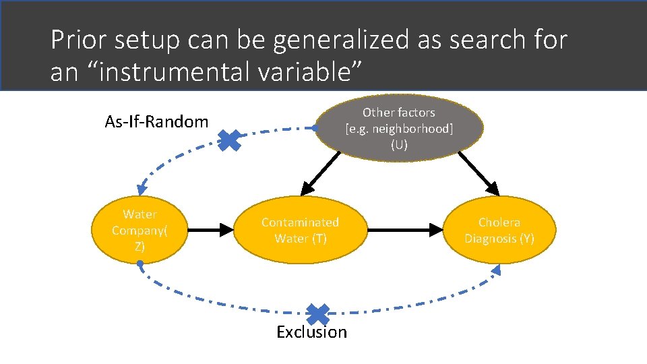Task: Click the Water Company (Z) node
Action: (140, 231)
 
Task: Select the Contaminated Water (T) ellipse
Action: (301, 231)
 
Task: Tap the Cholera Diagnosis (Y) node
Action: (499, 231)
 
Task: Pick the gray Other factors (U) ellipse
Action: (399, 128)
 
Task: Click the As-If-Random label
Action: (156, 122)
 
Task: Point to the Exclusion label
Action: (311, 332)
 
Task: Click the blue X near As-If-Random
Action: (229, 140)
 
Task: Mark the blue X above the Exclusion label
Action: (317, 313)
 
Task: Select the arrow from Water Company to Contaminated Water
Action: (210, 231)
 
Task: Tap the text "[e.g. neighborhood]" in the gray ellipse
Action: (399, 129)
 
